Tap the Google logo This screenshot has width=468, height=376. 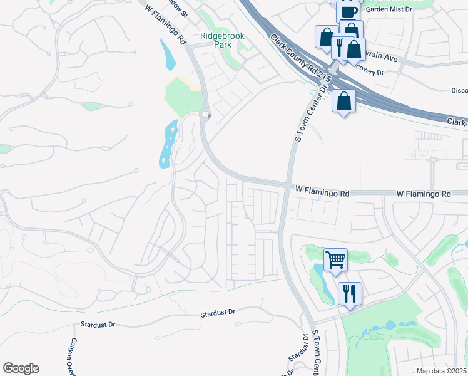click(21, 368)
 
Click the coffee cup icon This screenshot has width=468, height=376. click(347, 11)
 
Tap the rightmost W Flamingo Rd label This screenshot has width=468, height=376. click(424, 194)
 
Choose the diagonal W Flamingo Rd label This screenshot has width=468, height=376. click(166, 26)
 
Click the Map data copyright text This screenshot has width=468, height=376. click(442, 371)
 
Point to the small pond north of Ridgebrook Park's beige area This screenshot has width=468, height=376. click(168, 55)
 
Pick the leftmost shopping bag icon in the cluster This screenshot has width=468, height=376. click(326, 37)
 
